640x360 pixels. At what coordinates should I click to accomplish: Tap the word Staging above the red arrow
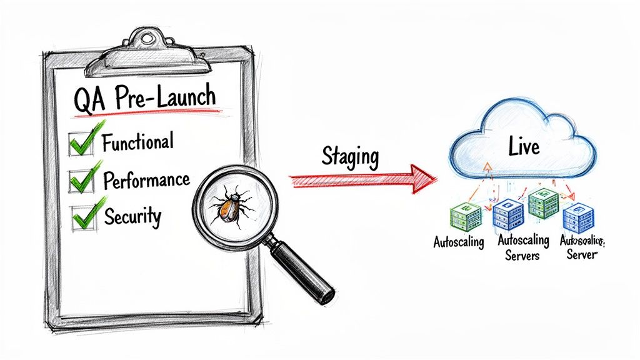[x=350, y=157]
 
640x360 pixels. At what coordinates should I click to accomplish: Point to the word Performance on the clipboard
[x=146, y=181]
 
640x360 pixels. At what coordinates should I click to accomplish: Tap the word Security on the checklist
[x=132, y=216]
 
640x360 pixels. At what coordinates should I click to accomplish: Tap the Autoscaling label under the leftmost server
[x=459, y=242]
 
